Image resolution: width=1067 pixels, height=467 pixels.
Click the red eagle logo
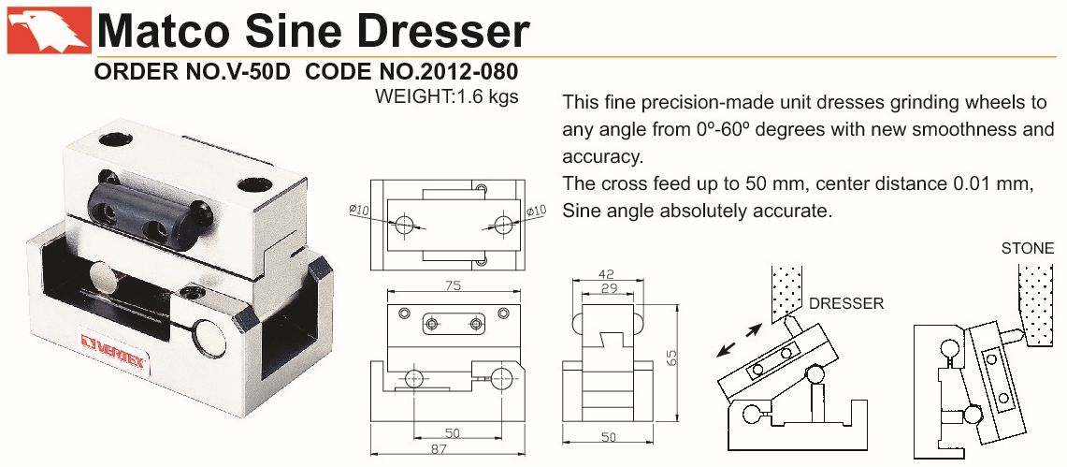[x=49, y=31]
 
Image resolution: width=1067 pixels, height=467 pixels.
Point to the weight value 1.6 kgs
[x=486, y=96]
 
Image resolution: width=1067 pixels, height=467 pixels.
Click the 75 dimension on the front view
[x=454, y=285]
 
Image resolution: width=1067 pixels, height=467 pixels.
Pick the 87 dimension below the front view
[x=448, y=449]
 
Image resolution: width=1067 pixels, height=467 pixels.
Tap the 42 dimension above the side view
[x=606, y=274]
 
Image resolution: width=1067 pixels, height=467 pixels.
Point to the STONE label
[x=1027, y=249]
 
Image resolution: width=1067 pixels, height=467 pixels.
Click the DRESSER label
[x=846, y=303]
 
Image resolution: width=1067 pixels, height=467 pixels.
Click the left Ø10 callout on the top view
[x=358, y=211]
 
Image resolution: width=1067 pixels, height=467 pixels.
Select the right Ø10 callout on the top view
[x=536, y=212]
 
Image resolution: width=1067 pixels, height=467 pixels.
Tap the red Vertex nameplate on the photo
[x=112, y=348]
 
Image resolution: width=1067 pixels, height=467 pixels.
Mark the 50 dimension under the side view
[x=609, y=437]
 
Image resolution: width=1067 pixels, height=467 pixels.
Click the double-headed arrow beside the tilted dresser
[x=740, y=340]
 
